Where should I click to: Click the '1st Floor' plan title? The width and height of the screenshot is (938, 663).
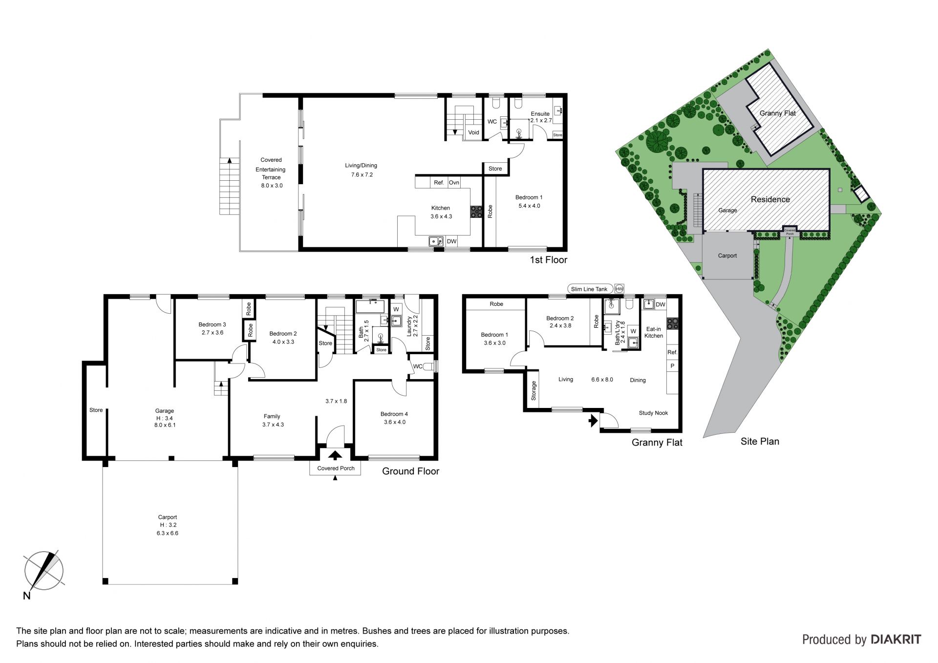click(x=549, y=260)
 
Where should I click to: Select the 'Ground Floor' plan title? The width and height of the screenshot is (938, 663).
click(x=410, y=471)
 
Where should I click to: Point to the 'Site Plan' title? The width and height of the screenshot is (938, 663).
click(x=760, y=441)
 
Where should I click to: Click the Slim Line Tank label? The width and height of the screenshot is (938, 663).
click(x=589, y=289)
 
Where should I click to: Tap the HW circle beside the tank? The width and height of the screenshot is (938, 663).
click(x=619, y=289)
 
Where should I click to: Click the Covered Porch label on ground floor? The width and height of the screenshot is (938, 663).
click(x=336, y=468)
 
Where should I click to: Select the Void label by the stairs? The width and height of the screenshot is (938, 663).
click(x=473, y=132)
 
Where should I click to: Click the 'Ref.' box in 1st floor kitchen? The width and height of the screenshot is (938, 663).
click(x=439, y=182)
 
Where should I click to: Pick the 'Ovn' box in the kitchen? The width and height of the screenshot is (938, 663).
click(x=454, y=182)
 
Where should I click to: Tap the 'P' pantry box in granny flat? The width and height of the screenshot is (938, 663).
click(x=672, y=365)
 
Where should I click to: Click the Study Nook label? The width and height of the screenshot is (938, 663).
click(x=653, y=413)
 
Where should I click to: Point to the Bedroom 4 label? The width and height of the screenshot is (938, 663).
click(x=394, y=414)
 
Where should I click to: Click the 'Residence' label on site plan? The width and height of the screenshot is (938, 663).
click(x=770, y=199)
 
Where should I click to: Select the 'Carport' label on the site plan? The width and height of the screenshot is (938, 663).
click(x=727, y=256)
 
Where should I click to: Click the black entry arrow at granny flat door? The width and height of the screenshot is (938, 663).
click(x=594, y=420)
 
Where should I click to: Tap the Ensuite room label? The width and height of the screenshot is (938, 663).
click(x=540, y=114)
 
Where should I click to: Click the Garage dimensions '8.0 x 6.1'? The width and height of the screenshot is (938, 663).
click(x=165, y=425)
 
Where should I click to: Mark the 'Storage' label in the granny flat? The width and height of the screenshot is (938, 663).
click(x=534, y=391)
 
